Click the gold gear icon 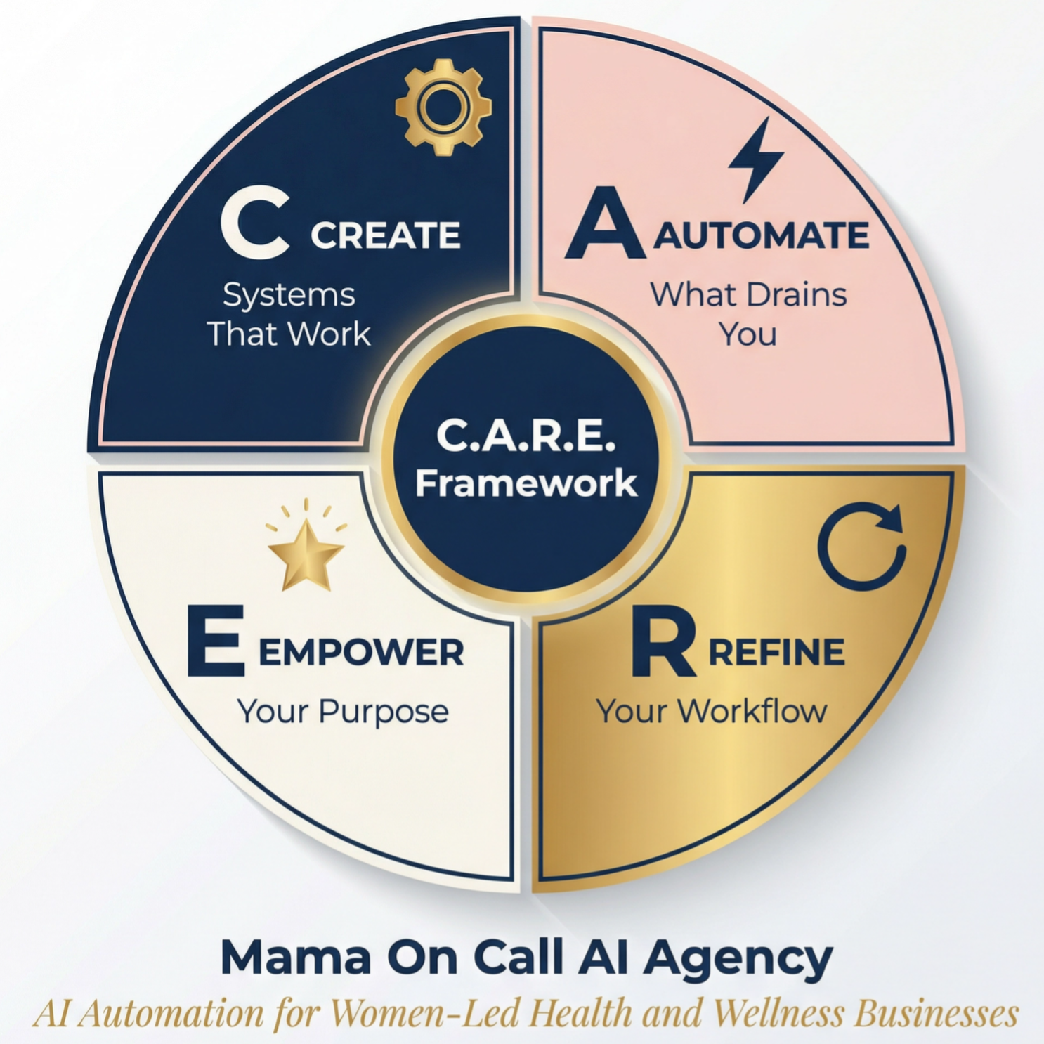coord(443,107)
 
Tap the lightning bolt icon coord(755,159)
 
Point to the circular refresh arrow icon coord(862,545)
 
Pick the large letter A coord(605,224)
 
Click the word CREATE coord(385,235)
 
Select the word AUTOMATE coord(762,235)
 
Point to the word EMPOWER coord(361,653)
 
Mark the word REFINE coord(776,653)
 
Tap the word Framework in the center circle coord(526,483)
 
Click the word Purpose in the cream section coord(384,712)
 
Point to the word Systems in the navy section coord(289,296)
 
